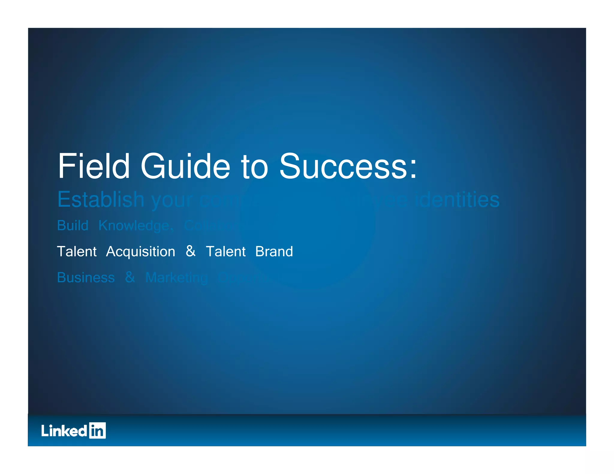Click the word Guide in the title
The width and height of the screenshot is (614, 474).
[x=185, y=167]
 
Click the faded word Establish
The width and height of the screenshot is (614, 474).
[x=101, y=200]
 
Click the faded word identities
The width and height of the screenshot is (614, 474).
[x=457, y=200]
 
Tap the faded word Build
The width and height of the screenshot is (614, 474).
[x=73, y=226]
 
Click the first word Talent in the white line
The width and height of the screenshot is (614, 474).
[x=77, y=252]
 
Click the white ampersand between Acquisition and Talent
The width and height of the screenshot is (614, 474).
[x=190, y=251]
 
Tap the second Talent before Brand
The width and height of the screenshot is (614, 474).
[x=225, y=252]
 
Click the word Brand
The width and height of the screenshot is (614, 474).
[x=274, y=252]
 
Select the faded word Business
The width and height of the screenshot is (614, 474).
[x=86, y=278]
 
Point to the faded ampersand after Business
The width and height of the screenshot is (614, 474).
[x=130, y=277]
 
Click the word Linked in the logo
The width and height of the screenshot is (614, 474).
[x=64, y=431]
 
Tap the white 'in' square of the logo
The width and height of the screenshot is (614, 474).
[x=97, y=431]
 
